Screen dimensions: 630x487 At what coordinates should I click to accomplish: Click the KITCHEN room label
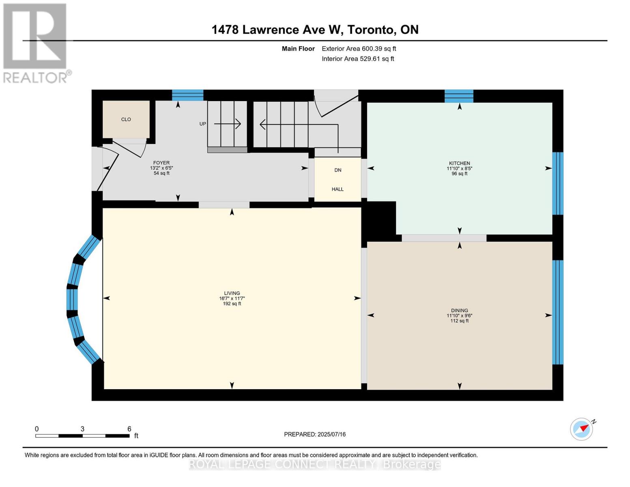point(459,163)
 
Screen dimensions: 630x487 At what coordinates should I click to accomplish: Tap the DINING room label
point(459,310)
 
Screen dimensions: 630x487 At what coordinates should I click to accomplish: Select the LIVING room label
point(232,293)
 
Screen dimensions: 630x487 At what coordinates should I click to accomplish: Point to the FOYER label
point(161,163)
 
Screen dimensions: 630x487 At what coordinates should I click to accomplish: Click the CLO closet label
point(126,119)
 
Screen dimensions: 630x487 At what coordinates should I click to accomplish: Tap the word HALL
point(338,189)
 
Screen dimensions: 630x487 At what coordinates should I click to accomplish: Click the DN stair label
point(338,170)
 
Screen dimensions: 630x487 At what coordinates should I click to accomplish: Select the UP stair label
point(203,124)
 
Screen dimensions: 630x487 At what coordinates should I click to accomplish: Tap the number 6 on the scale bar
point(129,429)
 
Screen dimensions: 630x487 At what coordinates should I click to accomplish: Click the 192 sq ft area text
point(232,304)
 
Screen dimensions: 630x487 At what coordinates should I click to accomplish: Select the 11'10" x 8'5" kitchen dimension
point(459,168)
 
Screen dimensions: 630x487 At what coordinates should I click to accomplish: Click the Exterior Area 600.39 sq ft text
point(359,49)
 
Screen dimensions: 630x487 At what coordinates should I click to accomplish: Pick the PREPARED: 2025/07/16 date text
point(315,434)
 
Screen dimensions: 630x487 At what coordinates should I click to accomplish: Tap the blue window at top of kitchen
point(459,96)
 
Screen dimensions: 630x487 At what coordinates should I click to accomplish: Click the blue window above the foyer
point(187,95)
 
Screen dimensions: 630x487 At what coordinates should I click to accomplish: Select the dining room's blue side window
point(557,312)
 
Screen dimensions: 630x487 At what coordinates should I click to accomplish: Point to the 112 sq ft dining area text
point(459,321)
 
